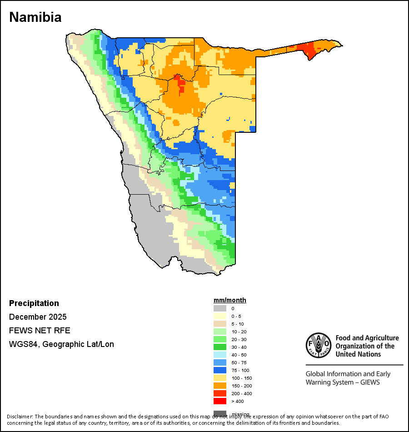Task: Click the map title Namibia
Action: (35, 17)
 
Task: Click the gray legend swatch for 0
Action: (220, 308)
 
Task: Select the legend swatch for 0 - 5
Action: (220, 316)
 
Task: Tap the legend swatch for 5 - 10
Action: (220, 324)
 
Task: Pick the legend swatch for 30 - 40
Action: (220, 347)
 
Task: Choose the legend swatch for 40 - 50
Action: (220, 355)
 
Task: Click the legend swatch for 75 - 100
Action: (220, 370)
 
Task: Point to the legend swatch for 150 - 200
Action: (220, 386)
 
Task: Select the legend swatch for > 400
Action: (220, 401)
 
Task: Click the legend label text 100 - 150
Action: (241, 378)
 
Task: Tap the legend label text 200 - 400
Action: (241, 394)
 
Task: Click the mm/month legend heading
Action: (230, 300)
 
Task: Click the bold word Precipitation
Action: (34, 303)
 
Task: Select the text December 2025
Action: (38, 317)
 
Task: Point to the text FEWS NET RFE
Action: (40, 331)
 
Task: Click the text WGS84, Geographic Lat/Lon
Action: (61, 344)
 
